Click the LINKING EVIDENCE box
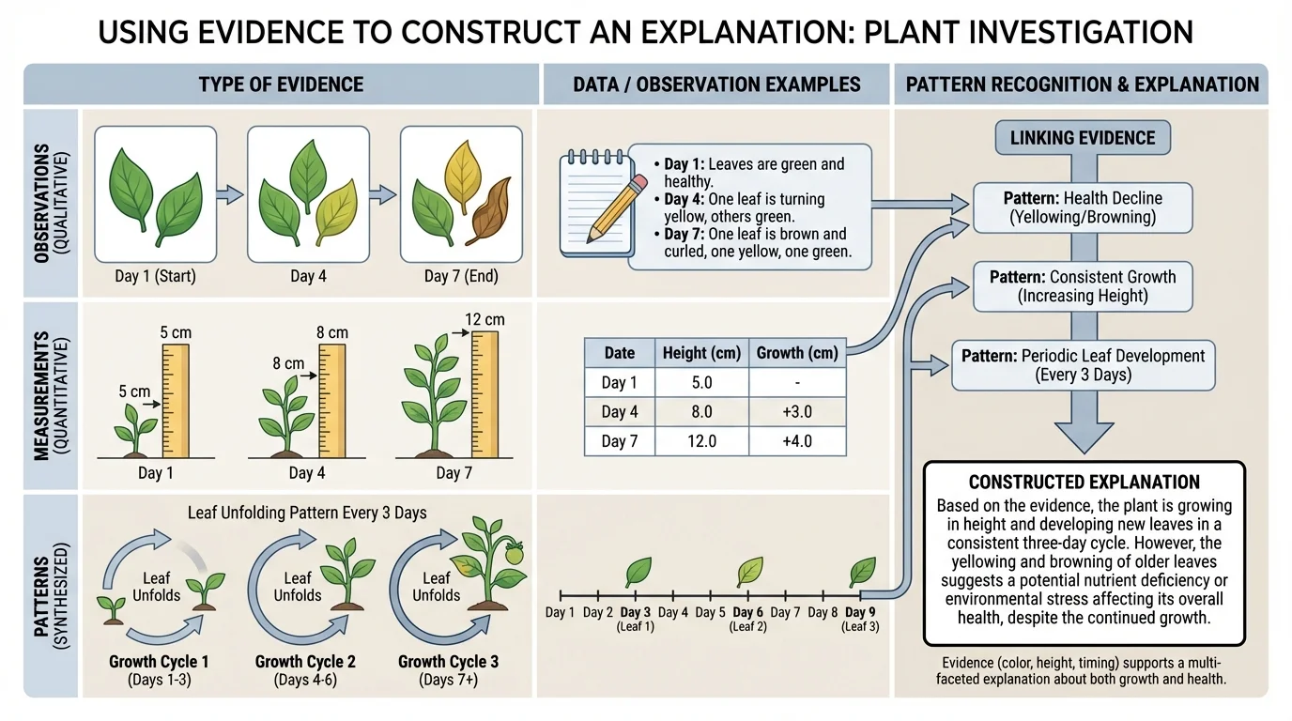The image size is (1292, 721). (x=1083, y=138)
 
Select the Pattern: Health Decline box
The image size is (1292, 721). (x=1083, y=207)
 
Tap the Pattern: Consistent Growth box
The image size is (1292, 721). (x=1083, y=286)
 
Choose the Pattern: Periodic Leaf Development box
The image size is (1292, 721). (x=1083, y=365)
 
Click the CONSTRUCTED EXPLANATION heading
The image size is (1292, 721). (x=1084, y=483)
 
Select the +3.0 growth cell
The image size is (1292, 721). (x=793, y=412)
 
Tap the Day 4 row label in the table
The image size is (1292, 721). (x=619, y=412)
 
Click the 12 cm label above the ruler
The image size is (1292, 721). (x=484, y=320)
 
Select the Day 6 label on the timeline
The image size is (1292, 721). (x=748, y=613)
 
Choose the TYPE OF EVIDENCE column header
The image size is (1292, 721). (x=281, y=84)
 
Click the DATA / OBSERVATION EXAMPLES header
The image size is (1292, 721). (x=716, y=84)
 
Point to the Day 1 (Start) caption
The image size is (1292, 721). (x=156, y=276)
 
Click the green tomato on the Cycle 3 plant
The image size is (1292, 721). (x=513, y=556)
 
